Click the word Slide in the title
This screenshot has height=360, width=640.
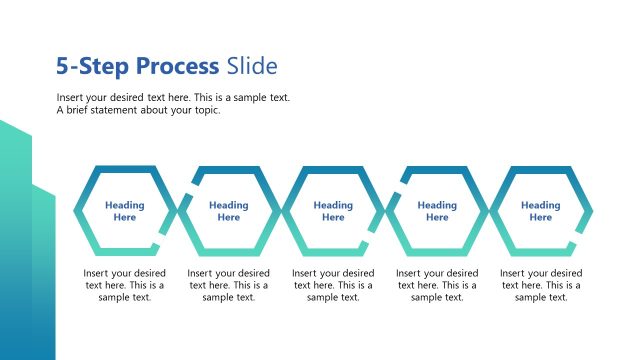coord(251,67)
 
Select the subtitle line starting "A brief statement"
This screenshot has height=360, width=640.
coord(138,110)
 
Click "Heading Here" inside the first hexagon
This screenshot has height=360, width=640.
coord(125,211)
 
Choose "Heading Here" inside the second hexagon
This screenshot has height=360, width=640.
coord(229,211)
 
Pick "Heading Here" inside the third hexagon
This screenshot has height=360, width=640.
coord(333,211)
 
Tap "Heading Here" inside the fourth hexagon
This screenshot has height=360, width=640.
coord(437,211)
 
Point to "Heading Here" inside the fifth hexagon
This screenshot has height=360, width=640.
coord(541,211)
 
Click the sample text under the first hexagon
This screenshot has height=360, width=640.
coord(125,285)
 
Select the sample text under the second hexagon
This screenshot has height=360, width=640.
coord(229,285)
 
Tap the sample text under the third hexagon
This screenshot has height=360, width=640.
coord(333,285)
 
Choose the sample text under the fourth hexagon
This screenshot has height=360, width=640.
coord(437,285)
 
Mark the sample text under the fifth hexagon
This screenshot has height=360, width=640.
coord(541,285)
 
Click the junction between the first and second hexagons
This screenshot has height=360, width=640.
coord(177,211)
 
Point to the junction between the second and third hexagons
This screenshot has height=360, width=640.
coord(281,211)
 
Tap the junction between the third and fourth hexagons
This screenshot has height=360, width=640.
coord(385,211)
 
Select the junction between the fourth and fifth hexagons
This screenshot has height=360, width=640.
coord(489,211)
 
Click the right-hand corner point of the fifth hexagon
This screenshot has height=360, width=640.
coord(592,211)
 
